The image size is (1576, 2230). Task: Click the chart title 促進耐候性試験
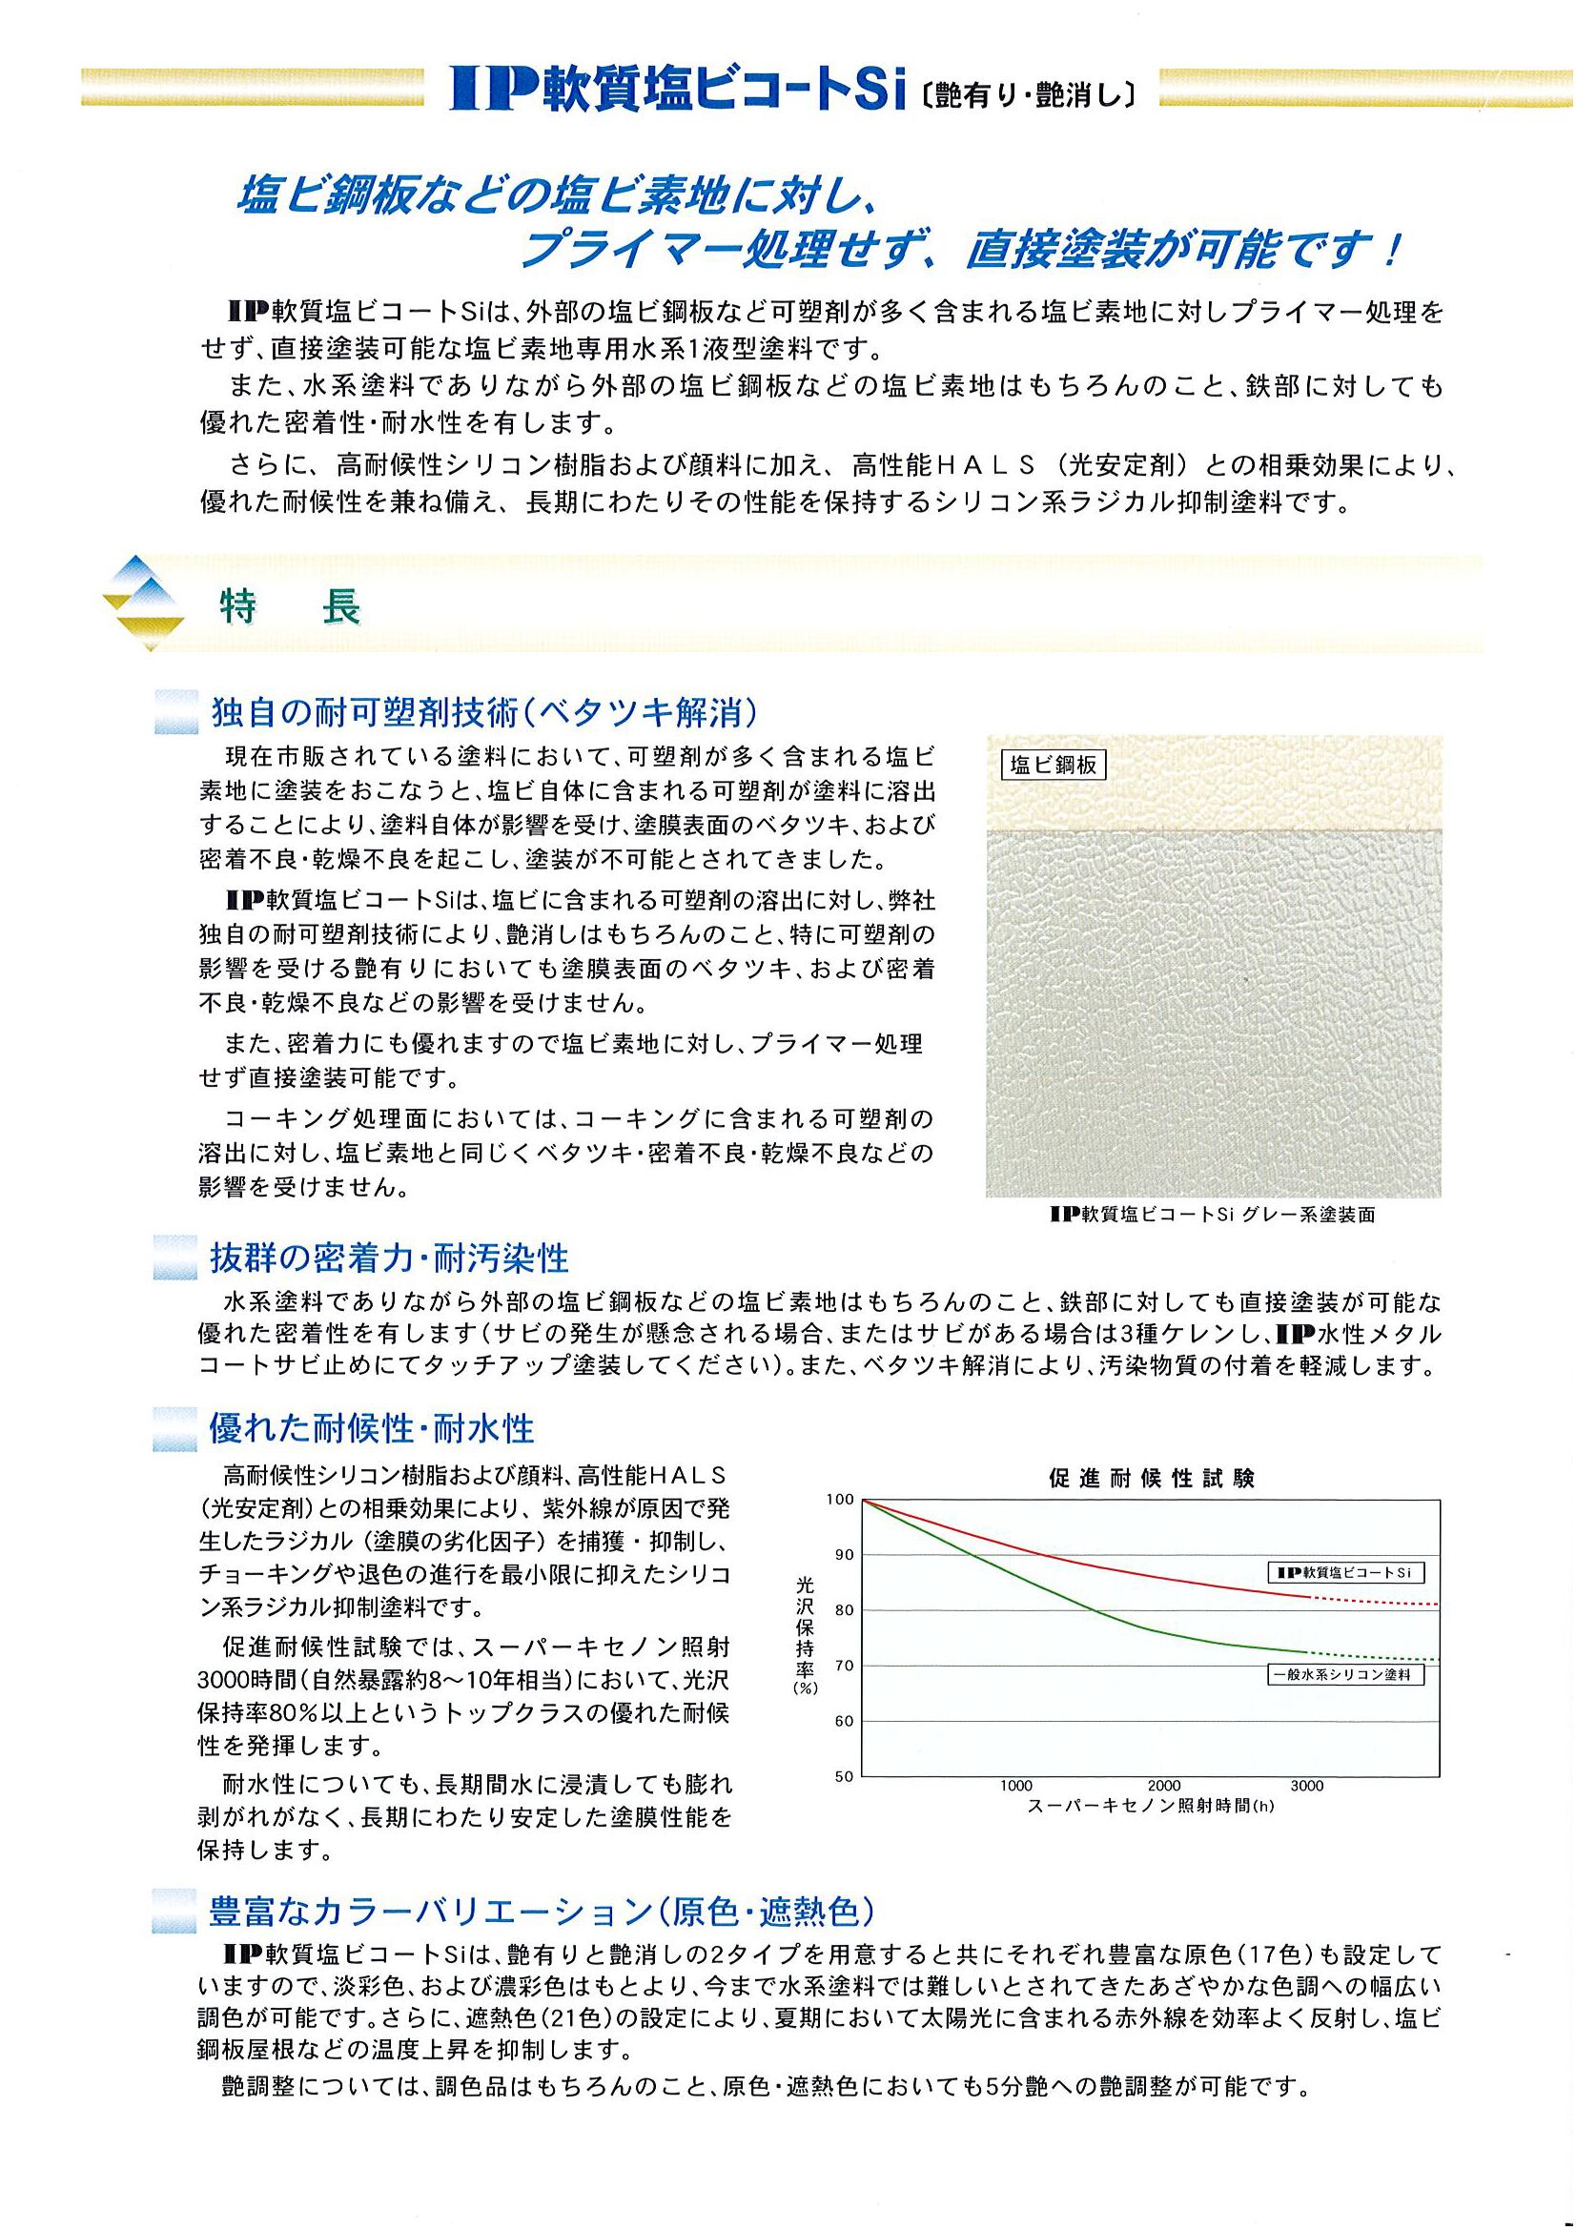[1151, 1480]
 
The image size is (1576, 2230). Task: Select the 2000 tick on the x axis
[1163, 1786]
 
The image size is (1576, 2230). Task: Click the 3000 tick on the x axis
[1307, 1786]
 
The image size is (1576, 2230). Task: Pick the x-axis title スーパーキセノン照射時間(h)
[1150, 1807]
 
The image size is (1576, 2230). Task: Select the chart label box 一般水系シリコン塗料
[1347, 1675]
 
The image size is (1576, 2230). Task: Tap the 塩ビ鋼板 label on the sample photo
[1054, 766]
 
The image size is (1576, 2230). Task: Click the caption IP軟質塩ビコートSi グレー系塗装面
[1213, 1215]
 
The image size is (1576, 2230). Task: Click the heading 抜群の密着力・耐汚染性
[389, 1258]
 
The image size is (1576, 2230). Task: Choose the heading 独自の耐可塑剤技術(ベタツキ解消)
[483, 713]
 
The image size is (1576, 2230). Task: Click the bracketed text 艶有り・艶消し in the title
[1026, 97]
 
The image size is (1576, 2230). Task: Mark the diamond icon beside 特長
[144, 603]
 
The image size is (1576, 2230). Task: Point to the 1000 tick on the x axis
[1015, 1786]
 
